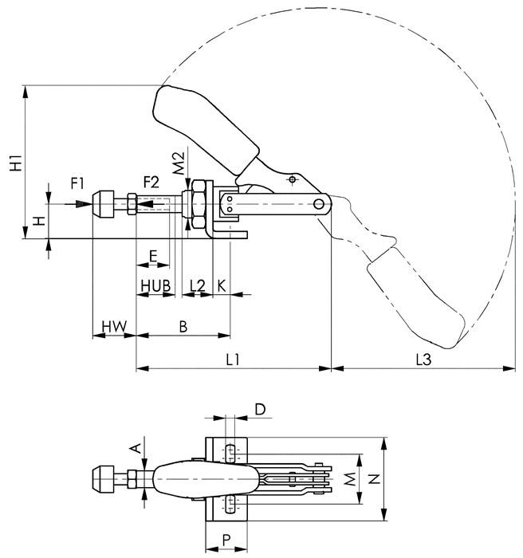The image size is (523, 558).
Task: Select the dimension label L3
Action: click(423, 360)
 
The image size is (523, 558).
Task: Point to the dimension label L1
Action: click(233, 360)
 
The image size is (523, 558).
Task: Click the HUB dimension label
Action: click(155, 285)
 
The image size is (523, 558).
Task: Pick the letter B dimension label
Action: click(183, 325)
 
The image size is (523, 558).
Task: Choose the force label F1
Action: click(77, 183)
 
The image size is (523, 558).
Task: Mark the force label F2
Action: click(151, 182)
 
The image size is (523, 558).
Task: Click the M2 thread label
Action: click(179, 162)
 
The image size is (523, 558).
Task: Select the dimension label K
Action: click(221, 285)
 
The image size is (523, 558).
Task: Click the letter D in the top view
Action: click(260, 409)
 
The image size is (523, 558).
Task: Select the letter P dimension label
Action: click(227, 540)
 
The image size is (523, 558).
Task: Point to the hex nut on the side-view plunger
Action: click(196, 203)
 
